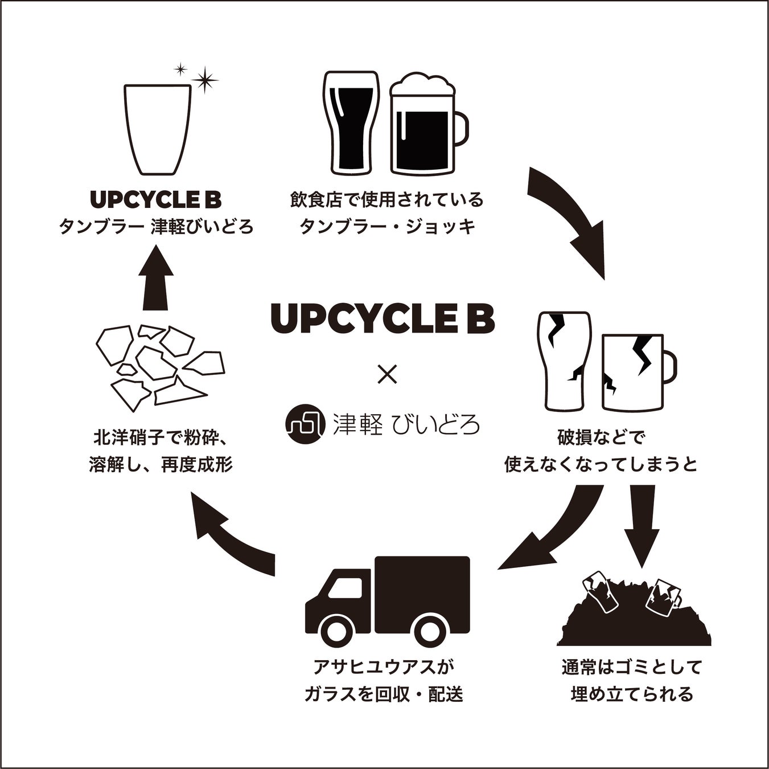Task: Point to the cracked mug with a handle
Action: [x=635, y=371]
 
